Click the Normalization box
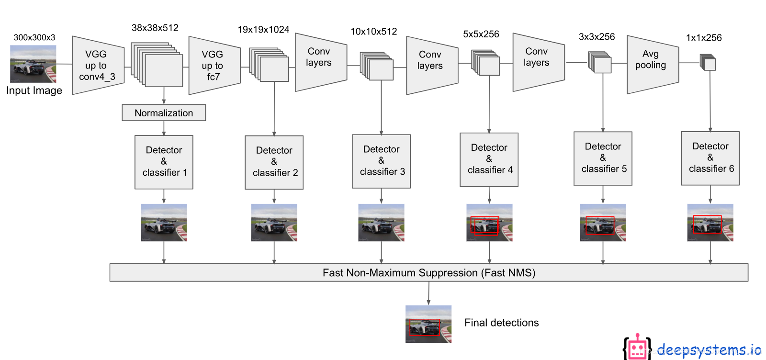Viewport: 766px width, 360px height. point(164,113)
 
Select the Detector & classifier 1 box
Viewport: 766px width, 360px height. point(164,162)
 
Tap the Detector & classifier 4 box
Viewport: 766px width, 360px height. point(489,159)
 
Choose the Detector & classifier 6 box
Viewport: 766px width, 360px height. point(710,158)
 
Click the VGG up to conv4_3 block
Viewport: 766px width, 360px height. point(98,65)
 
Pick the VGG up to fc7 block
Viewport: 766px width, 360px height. point(214,65)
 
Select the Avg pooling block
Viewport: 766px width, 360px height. point(652,64)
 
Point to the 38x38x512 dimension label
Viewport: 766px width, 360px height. point(155,28)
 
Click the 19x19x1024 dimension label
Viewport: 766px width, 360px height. point(263,30)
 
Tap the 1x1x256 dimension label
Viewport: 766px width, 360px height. point(704,38)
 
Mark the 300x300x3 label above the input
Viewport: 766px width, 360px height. point(34,37)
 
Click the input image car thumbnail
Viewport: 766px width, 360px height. point(33,64)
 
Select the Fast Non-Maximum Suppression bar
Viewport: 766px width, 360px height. point(428,272)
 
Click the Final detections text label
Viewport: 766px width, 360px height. point(501,323)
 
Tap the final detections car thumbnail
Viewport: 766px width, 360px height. point(428,324)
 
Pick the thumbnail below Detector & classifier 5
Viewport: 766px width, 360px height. point(603,223)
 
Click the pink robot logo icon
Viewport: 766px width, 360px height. point(637,347)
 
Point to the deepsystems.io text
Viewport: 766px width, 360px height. point(709,350)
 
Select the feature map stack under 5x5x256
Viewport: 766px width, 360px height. point(486,63)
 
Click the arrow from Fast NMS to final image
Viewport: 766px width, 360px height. point(428,293)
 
